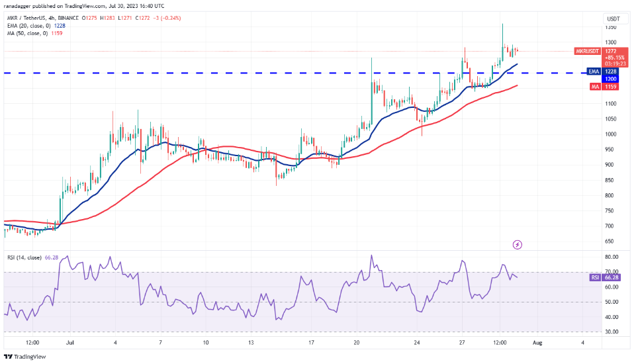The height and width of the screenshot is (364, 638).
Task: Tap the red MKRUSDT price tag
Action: click(587, 50)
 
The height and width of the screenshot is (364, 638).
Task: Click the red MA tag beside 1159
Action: click(593, 86)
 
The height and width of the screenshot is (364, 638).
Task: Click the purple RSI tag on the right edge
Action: click(593, 278)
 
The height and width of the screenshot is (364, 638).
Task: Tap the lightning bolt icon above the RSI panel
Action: click(518, 245)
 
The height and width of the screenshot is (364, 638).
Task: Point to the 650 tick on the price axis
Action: click(610, 242)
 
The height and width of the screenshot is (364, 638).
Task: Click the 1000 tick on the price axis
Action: click(612, 134)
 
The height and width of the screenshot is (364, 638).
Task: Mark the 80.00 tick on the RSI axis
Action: click(612, 256)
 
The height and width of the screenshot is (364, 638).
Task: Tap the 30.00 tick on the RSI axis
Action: click(612, 332)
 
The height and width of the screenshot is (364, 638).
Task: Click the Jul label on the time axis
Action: click(69, 343)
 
